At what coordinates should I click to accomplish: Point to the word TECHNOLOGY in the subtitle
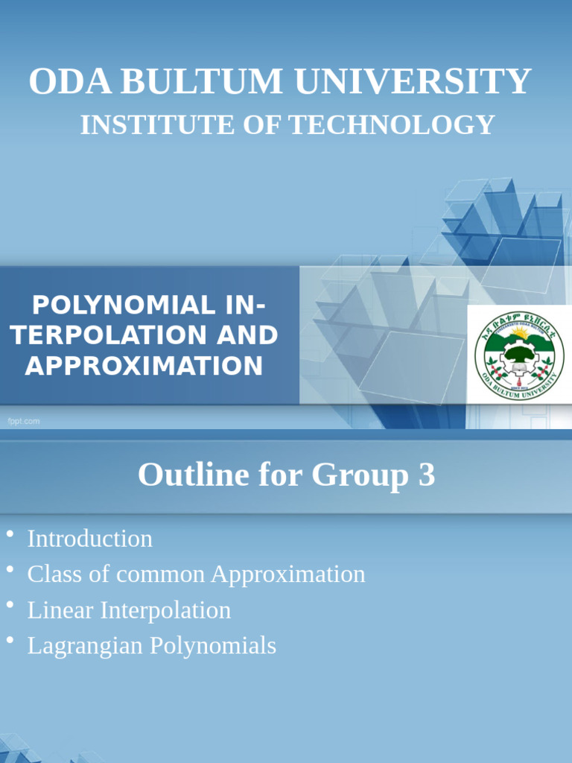pos(392,125)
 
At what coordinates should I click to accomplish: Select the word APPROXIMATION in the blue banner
pos(144,366)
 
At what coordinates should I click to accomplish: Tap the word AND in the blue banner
pos(247,335)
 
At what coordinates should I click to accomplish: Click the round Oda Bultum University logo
pos(515,352)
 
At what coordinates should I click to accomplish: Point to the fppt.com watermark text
pos(24,422)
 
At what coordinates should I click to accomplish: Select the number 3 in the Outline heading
pos(426,475)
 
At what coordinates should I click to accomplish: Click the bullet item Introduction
pos(89,539)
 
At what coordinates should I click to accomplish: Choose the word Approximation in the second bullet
pos(288,574)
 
